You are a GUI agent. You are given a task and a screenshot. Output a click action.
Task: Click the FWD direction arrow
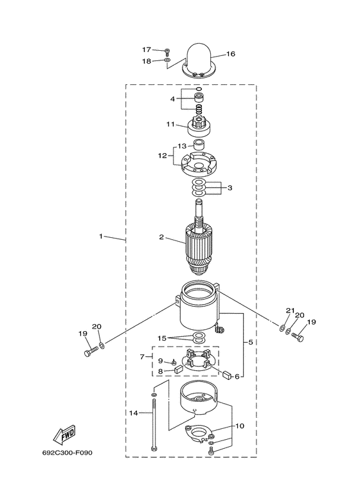(64, 434)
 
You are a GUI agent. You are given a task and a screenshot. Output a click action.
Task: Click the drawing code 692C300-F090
(67, 453)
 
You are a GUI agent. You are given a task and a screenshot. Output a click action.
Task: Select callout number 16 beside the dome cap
(231, 54)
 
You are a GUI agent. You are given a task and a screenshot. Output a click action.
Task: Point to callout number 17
(147, 50)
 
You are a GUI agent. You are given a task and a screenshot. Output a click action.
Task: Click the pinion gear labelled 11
(199, 125)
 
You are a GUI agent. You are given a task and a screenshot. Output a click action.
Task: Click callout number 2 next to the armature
(161, 237)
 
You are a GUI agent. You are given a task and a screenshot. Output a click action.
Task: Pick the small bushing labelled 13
(199, 145)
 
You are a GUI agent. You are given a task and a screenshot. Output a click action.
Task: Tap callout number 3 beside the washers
(230, 188)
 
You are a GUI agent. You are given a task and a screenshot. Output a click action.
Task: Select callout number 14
(134, 413)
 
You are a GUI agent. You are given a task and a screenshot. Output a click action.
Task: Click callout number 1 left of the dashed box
(101, 236)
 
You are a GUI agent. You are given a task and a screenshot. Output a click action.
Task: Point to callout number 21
(291, 311)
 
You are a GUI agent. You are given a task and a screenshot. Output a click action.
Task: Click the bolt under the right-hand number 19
(297, 336)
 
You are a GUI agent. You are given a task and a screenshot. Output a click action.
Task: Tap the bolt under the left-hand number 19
(91, 352)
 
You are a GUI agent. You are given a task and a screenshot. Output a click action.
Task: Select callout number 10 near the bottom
(240, 426)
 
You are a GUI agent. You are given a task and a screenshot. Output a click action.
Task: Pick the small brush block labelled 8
(178, 368)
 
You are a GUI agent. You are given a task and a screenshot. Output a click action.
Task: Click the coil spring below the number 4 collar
(199, 109)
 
